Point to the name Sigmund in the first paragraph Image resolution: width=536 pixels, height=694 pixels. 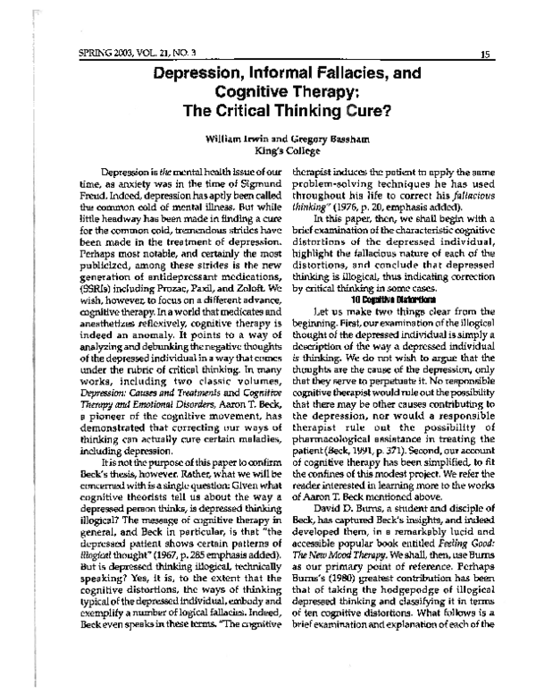tap(215, 182)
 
